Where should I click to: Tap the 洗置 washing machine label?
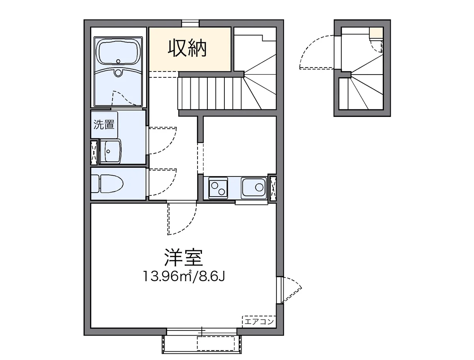point(104,125)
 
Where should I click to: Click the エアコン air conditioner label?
point(259,322)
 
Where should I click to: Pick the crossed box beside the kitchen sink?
point(273,188)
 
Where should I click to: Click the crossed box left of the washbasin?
point(94,152)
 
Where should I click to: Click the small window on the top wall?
point(190,22)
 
